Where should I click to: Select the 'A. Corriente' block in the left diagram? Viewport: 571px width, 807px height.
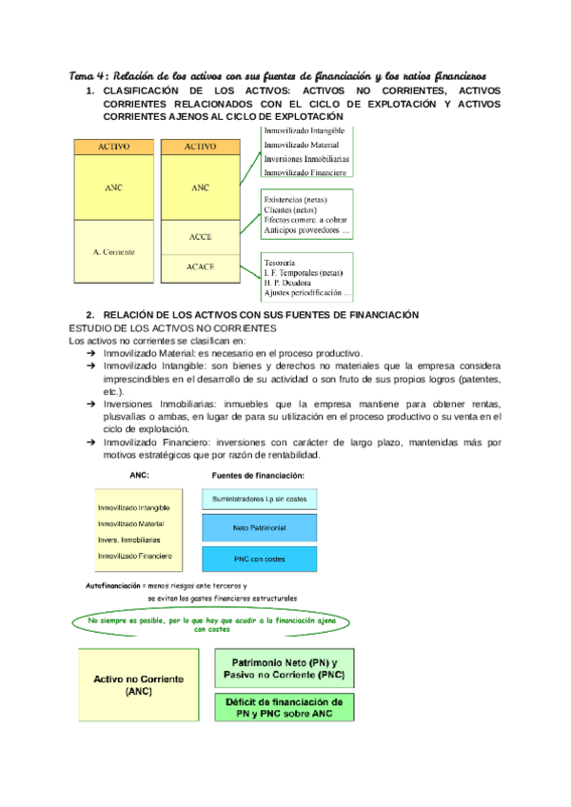[113, 252]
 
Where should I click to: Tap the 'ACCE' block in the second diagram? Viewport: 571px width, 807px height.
[200, 236]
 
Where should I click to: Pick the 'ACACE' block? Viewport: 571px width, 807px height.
[200, 267]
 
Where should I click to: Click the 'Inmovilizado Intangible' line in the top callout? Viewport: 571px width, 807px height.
[305, 129]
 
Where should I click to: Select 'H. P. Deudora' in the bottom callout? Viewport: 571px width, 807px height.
[290, 283]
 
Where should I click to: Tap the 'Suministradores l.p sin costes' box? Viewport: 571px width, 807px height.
[260, 499]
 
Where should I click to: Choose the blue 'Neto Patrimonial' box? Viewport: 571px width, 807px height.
[260, 527]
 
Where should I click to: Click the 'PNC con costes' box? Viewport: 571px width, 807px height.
[260, 559]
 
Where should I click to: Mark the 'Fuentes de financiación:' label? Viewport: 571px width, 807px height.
[256, 474]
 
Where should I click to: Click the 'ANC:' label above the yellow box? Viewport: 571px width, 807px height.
[137, 474]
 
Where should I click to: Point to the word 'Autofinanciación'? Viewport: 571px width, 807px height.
[113, 584]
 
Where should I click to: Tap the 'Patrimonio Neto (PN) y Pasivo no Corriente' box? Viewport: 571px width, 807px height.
[284, 668]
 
